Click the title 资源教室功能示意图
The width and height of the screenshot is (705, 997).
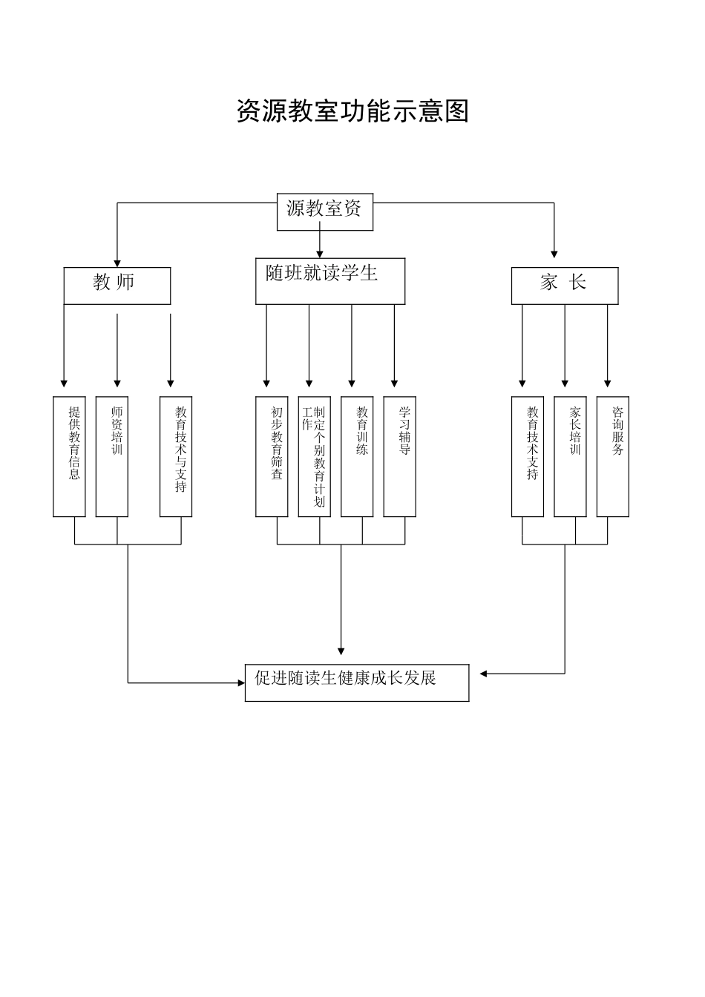(x=352, y=111)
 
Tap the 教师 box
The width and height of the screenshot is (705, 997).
(x=117, y=286)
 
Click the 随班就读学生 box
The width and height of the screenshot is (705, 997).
(x=330, y=281)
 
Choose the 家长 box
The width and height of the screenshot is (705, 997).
(x=564, y=286)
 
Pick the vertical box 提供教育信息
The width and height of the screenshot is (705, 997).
(x=70, y=456)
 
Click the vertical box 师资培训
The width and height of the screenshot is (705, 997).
(x=112, y=456)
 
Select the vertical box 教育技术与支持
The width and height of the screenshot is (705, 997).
(x=176, y=456)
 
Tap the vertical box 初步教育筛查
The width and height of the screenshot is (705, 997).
(x=272, y=456)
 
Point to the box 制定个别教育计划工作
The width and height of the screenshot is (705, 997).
(x=315, y=456)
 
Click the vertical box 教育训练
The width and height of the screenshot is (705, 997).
(x=357, y=456)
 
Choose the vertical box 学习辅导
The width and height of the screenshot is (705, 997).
(x=399, y=456)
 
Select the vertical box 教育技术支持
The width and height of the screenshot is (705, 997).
(x=528, y=456)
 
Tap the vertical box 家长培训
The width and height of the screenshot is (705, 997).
(x=570, y=456)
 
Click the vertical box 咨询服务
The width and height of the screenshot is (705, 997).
(x=613, y=456)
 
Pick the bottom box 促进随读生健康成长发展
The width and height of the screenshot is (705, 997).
(x=357, y=682)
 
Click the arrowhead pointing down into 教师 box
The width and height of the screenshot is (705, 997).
(x=117, y=262)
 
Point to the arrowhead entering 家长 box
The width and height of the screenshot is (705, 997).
(x=554, y=254)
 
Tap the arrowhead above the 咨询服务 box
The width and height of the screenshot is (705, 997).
(x=608, y=383)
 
